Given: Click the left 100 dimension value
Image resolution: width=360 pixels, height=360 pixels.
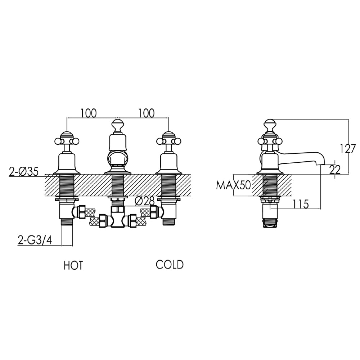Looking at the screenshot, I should coord(89,113).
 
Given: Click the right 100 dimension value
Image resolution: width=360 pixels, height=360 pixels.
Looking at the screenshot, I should coord(146,113).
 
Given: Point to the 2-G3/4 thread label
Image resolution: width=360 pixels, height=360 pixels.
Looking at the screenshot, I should coord(35,240).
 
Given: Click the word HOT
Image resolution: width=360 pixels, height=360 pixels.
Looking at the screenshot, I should coord(73,266).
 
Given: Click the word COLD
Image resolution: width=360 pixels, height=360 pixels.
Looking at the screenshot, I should coord(170,265).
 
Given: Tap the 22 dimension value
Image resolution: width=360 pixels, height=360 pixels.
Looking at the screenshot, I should coord(335,170).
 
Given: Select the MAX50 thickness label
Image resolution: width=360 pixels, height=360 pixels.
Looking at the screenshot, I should coord(233,186).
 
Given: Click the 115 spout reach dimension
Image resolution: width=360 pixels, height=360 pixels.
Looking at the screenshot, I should coord(301,204).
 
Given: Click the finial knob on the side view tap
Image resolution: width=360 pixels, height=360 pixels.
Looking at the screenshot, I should coord(270,125).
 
